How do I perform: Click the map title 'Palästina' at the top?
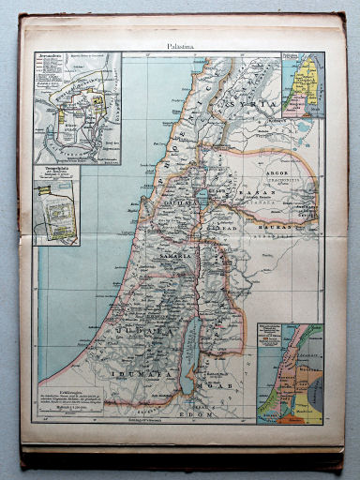point(180,44)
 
